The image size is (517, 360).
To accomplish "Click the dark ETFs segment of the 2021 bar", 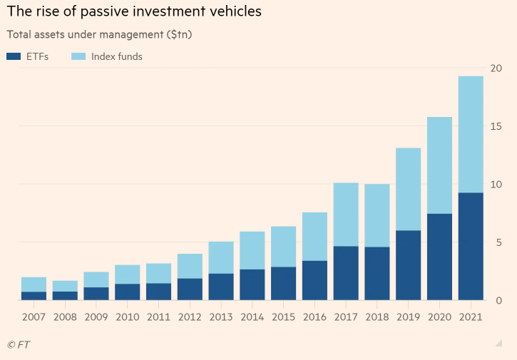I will pos(471,246).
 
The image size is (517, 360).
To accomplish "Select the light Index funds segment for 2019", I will pos(408,189).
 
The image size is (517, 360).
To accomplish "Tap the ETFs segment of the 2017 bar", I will pos(346,273).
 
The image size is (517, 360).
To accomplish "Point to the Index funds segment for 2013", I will pos(221,257).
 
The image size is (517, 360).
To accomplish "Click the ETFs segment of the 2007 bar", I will pos(34,296).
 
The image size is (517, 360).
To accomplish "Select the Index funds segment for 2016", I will pos(314,237).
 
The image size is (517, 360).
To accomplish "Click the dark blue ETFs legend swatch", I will pos(14,56).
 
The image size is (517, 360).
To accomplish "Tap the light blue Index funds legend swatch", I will pos(78,56).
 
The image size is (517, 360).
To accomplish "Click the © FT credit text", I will pos(19,345).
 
